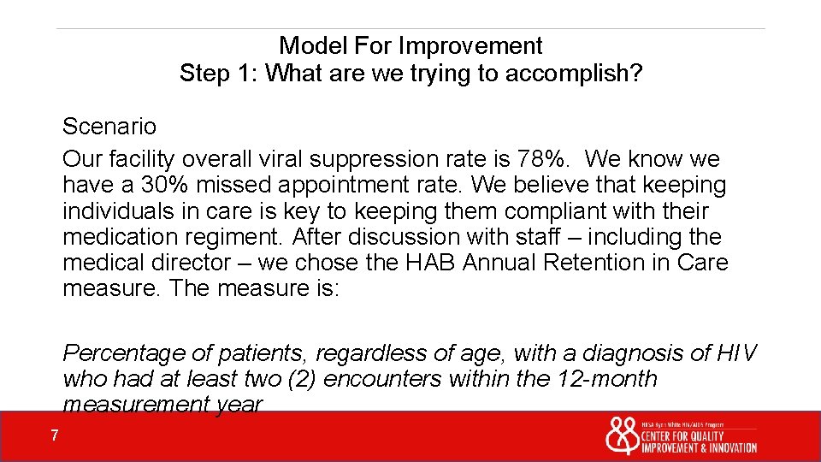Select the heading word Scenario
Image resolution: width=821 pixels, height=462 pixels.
tap(109, 127)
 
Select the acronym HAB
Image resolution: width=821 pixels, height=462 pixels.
tap(430, 263)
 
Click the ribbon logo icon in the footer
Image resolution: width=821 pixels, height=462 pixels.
tap(621, 435)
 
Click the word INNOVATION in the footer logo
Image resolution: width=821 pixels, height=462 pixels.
tap(727, 447)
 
